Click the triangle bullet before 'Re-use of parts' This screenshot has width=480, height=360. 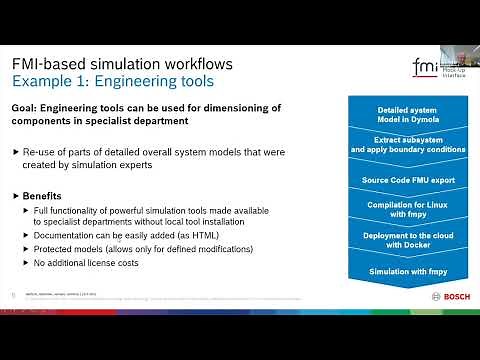click(x=16, y=151)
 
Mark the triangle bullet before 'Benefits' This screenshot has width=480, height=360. click(x=16, y=196)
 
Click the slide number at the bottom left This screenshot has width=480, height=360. click(x=11, y=295)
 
